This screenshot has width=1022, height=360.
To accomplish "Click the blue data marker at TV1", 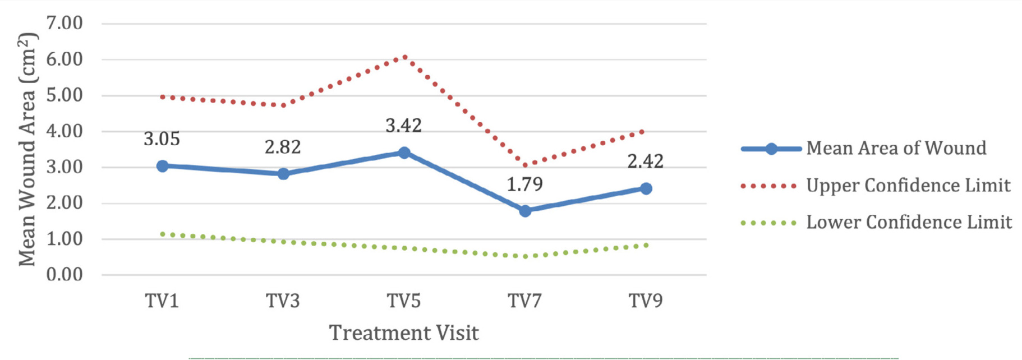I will coord(162,166).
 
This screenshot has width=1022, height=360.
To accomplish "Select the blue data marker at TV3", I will coord(283,174).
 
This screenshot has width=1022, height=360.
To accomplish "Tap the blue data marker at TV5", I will coord(404,153).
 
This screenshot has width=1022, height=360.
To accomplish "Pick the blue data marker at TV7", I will coord(525,211).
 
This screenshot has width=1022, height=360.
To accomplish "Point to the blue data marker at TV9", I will coord(646,188).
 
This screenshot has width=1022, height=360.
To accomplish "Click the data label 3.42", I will coord(403,125).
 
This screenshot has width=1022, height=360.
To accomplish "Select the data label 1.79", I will coord(524,184).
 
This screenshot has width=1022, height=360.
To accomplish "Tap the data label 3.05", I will coord(162,139).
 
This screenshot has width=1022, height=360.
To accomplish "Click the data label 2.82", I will coord(283,147).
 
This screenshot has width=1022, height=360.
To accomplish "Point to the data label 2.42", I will coord(645,161).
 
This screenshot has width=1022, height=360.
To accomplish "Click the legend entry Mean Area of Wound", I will coord(896,148).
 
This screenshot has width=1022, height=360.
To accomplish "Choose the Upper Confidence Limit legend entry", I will coord(908,185).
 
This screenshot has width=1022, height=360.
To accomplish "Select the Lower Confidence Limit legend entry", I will coord(908,222).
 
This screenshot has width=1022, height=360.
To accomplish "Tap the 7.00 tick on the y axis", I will coord(65,23).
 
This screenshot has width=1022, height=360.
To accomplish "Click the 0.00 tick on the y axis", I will coord(65,275).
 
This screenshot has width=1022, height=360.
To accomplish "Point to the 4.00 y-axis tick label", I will coord(65,131).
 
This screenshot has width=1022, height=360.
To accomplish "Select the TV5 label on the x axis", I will coord(404,301).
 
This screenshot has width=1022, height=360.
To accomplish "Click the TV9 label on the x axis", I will coord(646,301).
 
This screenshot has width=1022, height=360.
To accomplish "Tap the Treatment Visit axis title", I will coord(404,333).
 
